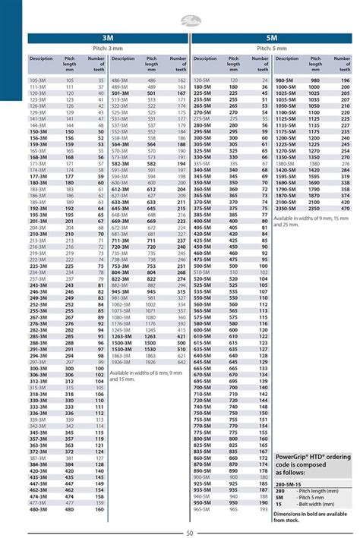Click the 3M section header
tap(106, 36)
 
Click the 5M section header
tap(271, 36)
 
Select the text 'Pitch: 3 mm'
tap(106, 48)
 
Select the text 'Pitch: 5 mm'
tap(271, 48)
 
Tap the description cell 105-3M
tap(36, 80)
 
